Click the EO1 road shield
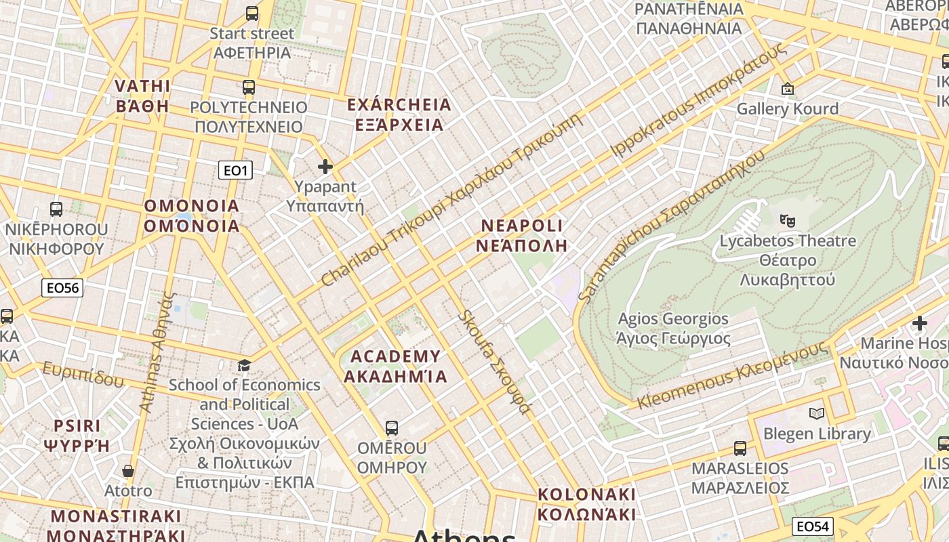coord(235,170)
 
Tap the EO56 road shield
coord(62,288)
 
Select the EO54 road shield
coord(812,526)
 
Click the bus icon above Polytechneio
coord(249,87)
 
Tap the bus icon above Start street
coord(252,14)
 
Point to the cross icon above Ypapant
coord(325,167)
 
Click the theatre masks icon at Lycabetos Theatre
coord(787,220)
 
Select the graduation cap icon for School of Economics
coord(244,366)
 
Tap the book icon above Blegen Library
coord(817,413)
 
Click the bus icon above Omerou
coord(392,428)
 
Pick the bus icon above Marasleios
coord(740,449)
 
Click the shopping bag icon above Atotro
coord(128,471)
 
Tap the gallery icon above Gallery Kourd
coord(788,89)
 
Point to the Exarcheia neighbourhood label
coord(399,114)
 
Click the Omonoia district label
coord(192,215)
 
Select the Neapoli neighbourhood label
coord(521,235)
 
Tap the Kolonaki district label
coord(587,504)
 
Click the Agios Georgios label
coord(673,329)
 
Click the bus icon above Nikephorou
coord(56,209)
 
